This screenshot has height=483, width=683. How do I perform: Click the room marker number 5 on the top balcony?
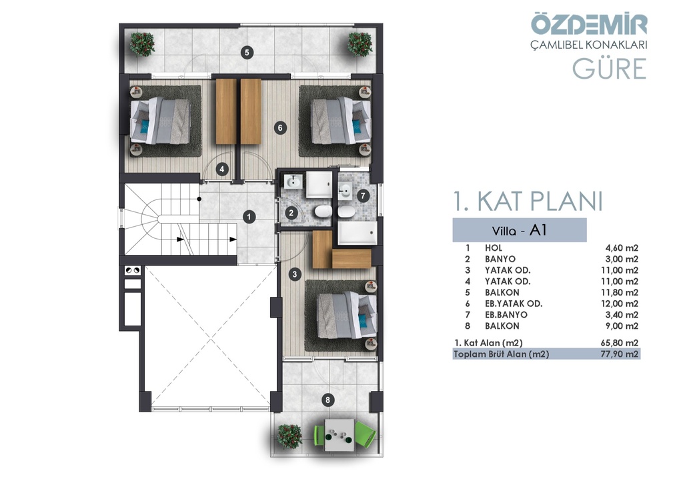pos(247,53)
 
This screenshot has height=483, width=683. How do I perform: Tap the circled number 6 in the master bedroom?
pos(280,127)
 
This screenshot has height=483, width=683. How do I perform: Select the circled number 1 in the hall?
pos(249,216)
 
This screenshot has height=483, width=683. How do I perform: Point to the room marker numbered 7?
pos(363,196)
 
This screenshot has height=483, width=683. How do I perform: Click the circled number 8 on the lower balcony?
pos(327,400)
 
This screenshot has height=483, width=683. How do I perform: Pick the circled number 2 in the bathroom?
pos(291,213)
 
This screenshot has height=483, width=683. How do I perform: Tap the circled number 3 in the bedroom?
pos(295,274)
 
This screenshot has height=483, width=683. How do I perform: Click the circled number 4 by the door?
pos(222,169)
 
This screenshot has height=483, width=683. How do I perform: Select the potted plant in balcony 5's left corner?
pos(143,43)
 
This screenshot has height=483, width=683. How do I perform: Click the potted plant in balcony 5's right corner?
pos(360,43)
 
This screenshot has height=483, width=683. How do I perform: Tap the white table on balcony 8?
pos(339,435)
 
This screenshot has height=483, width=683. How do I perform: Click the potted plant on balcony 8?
pos(289,436)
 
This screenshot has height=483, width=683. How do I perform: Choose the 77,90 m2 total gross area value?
pos(620,354)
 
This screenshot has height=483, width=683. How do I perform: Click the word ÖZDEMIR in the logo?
pos(589,25)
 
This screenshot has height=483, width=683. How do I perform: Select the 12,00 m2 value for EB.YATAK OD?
pos(620,304)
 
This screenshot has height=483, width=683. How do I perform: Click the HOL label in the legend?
pos(494,248)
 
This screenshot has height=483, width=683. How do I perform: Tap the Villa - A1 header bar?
pos(520,230)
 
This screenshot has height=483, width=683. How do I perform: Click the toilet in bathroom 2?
pos(323,213)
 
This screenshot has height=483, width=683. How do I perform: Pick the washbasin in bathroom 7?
pos(346,191)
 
